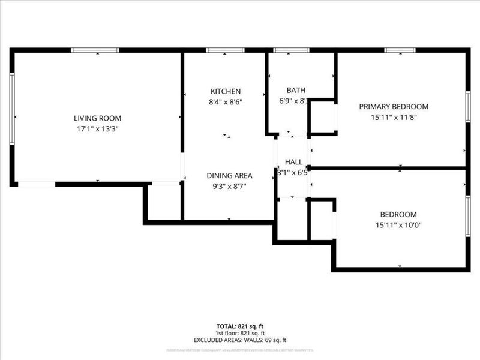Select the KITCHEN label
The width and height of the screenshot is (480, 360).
pos(225,91)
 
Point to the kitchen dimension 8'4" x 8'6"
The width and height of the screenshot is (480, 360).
pos(225,101)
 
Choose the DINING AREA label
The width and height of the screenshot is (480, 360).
pos(230,176)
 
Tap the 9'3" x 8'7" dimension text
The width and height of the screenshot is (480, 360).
pos(230,186)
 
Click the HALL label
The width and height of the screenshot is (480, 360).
pos(293,162)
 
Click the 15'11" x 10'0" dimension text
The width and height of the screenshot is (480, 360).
pos(398,225)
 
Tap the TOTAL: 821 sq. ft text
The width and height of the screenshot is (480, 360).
pos(240,325)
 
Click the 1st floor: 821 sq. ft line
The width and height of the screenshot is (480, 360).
pos(240,333)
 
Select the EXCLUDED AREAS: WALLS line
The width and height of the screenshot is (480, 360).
pos(240,340)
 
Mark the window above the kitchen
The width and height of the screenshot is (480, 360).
pos(224,50)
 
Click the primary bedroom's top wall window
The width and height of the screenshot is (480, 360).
pos(400,50)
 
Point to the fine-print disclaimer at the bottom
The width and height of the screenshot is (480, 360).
pos(240,350)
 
